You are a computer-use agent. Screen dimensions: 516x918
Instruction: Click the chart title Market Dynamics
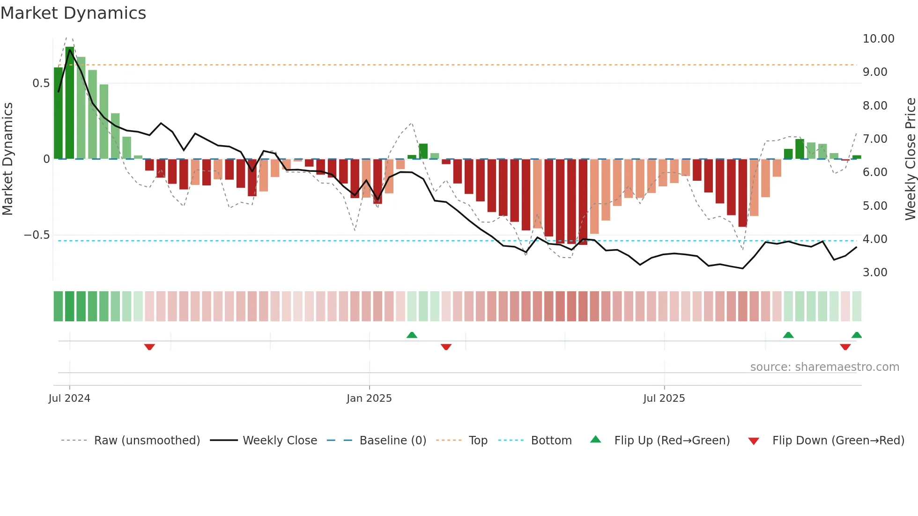73,13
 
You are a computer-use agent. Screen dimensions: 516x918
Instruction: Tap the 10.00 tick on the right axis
878,39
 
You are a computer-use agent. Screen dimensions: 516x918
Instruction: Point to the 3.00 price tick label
875,273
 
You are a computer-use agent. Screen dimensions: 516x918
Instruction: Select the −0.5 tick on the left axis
37,235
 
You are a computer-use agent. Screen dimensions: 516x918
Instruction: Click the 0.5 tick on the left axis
41,83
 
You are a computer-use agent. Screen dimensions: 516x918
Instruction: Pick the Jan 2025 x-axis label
369,398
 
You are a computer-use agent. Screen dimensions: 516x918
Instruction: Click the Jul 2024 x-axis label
69,398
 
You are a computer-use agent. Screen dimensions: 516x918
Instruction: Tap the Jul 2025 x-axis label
664,398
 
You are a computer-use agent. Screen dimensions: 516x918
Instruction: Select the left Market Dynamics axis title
7,159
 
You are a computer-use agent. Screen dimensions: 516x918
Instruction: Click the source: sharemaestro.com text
824,367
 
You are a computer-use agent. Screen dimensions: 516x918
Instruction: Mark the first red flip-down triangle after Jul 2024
149,347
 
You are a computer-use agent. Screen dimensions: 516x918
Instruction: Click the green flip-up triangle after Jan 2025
412,335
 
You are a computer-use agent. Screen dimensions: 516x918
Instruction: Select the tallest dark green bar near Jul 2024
70,103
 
